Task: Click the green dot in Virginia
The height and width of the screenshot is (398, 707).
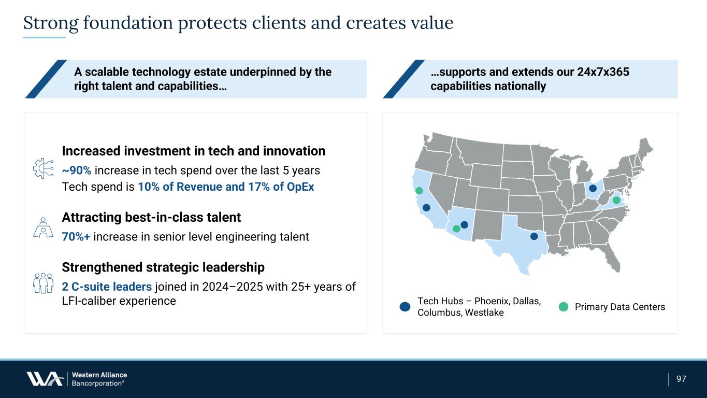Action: tap(616, 200)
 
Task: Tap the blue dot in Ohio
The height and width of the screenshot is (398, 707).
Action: tap(593, 188)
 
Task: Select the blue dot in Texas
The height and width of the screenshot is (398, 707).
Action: tap(534, 236)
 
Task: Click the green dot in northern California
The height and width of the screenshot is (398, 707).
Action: tap(419, 191)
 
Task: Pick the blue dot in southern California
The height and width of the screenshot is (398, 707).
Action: tap(426, 207)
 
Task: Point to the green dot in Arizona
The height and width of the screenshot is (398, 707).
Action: tap(456, 229)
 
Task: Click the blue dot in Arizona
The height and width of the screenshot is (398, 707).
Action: tap(464, 224)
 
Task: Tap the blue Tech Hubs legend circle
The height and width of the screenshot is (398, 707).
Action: tap(405, 306)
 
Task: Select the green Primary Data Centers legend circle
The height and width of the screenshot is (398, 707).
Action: tap(564, 306)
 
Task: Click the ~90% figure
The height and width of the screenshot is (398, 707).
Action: tap(77, 170)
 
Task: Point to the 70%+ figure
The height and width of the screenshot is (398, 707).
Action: tap(76, 237)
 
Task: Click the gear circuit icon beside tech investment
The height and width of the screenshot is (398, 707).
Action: tap(43, 168)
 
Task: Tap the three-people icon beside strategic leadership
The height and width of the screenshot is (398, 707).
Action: tap(43, 283)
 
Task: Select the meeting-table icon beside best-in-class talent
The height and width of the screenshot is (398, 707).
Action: tap(43, 228)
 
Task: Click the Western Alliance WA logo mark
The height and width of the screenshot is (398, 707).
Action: tap(45, 378)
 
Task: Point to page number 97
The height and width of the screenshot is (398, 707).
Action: tap(681, 379)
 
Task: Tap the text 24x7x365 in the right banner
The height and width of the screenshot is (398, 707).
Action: tap(603, 72)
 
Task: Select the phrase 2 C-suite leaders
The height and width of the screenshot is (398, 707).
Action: tap(107, 287)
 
